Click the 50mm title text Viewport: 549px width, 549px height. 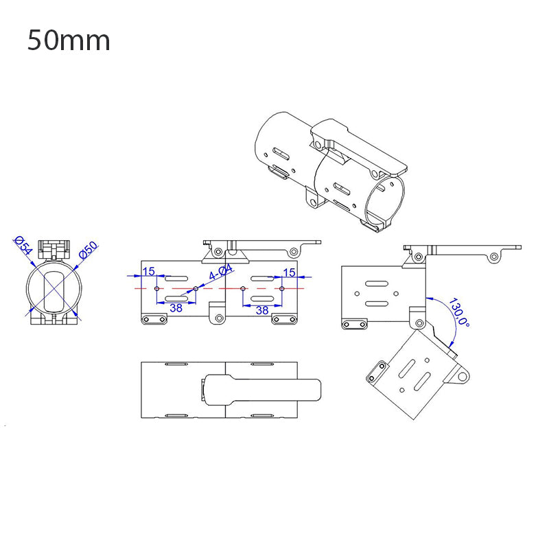click(69, 40)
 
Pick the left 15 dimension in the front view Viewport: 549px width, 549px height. click(148, 272)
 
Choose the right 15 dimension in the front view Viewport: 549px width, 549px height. click(289, 272)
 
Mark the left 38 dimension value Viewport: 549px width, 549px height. click(176, 309)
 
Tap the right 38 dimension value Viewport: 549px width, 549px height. click(262, 309)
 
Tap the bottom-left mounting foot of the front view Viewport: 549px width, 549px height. click(153, 319)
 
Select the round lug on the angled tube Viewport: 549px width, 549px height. click(465, 377)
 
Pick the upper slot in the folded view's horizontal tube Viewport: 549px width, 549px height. click(375, 282)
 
